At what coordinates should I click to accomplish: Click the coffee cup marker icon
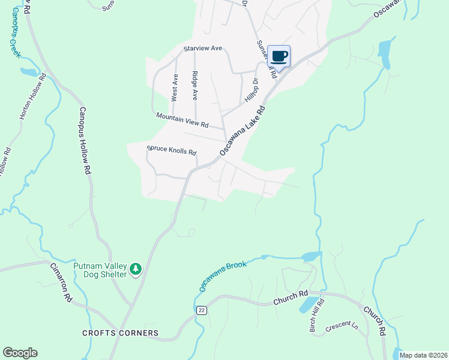pos(279,56)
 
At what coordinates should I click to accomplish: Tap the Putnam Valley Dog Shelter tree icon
pos(136,270)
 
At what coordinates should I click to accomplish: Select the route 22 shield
pos(202,310)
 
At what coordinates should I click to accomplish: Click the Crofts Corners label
pos(121,333)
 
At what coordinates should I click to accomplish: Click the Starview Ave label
pos(203,48)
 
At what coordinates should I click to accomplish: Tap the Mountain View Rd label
pos(182,120)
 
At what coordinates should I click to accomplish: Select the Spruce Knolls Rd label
pos(172,150)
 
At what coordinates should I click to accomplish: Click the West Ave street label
pos(174,87)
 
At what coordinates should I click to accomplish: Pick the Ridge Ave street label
pos(194,85)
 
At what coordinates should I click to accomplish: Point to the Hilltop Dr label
pos(252,90)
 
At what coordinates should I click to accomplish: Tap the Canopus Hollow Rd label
pos(84,140)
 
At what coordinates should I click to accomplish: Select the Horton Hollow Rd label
pos(33,96)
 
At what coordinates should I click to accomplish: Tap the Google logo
pos(20,353)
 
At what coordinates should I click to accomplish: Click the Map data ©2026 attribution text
pos(423,355)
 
